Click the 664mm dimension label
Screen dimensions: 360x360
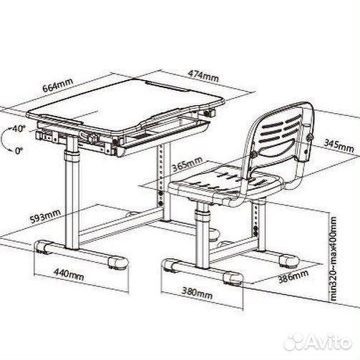(58, 85)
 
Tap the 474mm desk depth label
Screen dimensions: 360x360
(203, 76)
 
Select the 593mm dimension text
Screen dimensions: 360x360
(45, 216)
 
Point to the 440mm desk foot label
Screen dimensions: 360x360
(69, 275)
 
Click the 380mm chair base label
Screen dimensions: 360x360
(197, 293)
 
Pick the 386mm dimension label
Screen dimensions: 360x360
(293, 276)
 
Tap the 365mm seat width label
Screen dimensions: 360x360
(188, 164)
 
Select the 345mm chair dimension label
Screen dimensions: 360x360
(339, 145)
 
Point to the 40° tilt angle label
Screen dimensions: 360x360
(19, 129)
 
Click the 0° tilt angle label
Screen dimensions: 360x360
(19, 150)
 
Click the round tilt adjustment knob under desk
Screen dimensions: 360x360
(93, 137)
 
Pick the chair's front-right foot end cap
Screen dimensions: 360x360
(233, 277)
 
